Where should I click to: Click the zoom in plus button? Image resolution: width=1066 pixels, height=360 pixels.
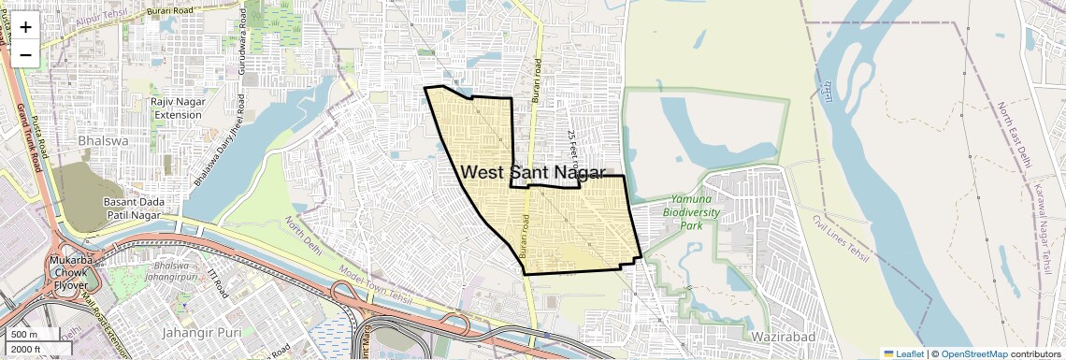(x=25, y=27)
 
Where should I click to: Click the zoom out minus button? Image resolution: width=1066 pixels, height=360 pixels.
(x=25, y=54)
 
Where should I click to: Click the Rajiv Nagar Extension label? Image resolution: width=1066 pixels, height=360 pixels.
(x=178, y=108)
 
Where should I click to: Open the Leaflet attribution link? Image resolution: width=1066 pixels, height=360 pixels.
(x=903, y=353)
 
